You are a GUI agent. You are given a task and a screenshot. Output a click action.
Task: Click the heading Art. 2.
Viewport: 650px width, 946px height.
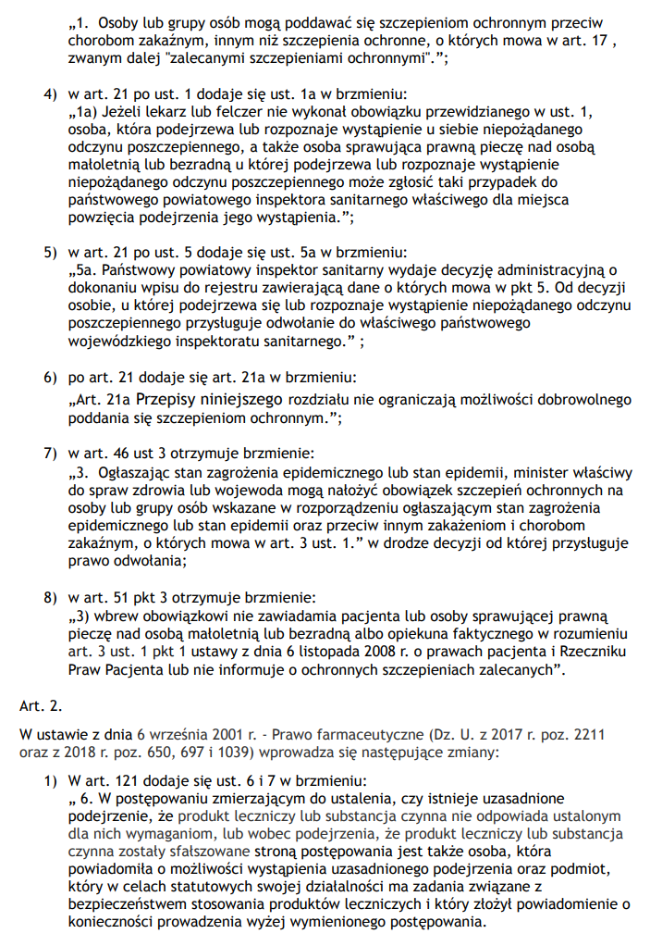point(38,705)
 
